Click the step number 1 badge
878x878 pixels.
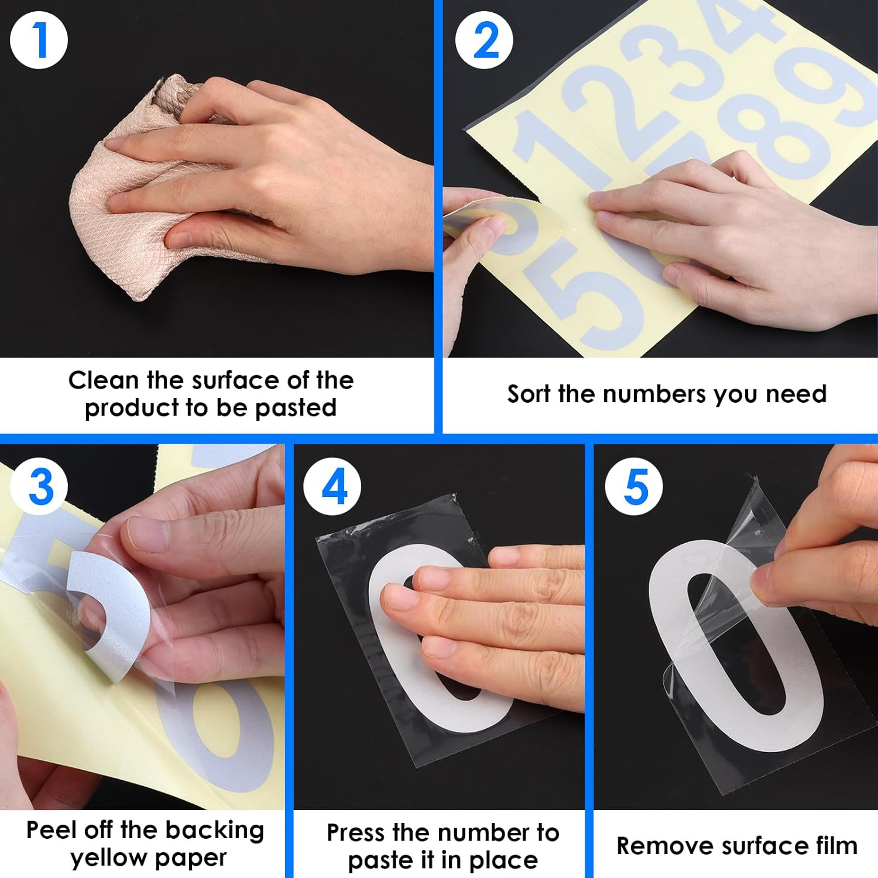[39, 40]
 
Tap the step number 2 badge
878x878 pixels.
[484, 40]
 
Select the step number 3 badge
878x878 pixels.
[39, 486]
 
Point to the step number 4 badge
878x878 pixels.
[332, 486]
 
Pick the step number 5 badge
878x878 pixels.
[634, 486]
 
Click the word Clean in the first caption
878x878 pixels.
[104, 380]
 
